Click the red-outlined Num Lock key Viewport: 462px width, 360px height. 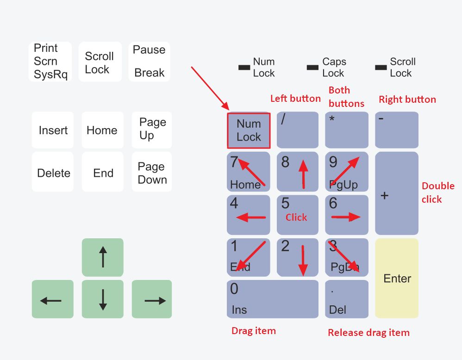249,130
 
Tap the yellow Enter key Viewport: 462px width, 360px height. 397,278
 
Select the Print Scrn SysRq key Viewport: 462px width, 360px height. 50,62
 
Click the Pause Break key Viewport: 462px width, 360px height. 149,62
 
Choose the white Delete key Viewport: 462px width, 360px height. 53,172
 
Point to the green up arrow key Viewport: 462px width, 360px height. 103,257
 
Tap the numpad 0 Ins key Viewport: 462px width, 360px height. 272,299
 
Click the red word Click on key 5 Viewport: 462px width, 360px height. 296,217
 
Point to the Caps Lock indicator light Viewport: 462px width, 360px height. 312,68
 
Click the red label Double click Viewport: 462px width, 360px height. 438,192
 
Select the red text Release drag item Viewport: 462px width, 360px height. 368,333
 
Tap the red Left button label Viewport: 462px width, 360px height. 295,99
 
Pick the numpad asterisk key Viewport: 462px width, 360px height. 347,130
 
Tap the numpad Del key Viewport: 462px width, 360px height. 347,299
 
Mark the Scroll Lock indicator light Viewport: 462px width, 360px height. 381,68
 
